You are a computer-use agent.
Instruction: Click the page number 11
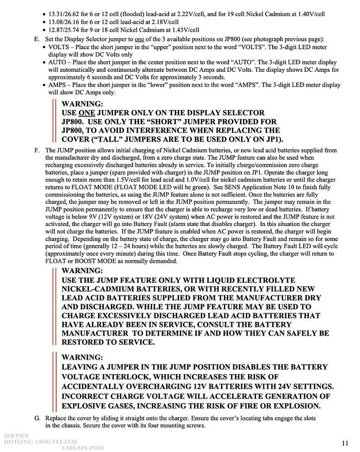point(345,442)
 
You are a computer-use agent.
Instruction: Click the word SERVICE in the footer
point(16,435)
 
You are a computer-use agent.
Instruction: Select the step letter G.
point(37,418)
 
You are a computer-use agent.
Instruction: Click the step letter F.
point(37,150)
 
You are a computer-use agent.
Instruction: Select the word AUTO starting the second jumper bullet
point(58,62)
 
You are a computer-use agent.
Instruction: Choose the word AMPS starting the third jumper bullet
point(58,85)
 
